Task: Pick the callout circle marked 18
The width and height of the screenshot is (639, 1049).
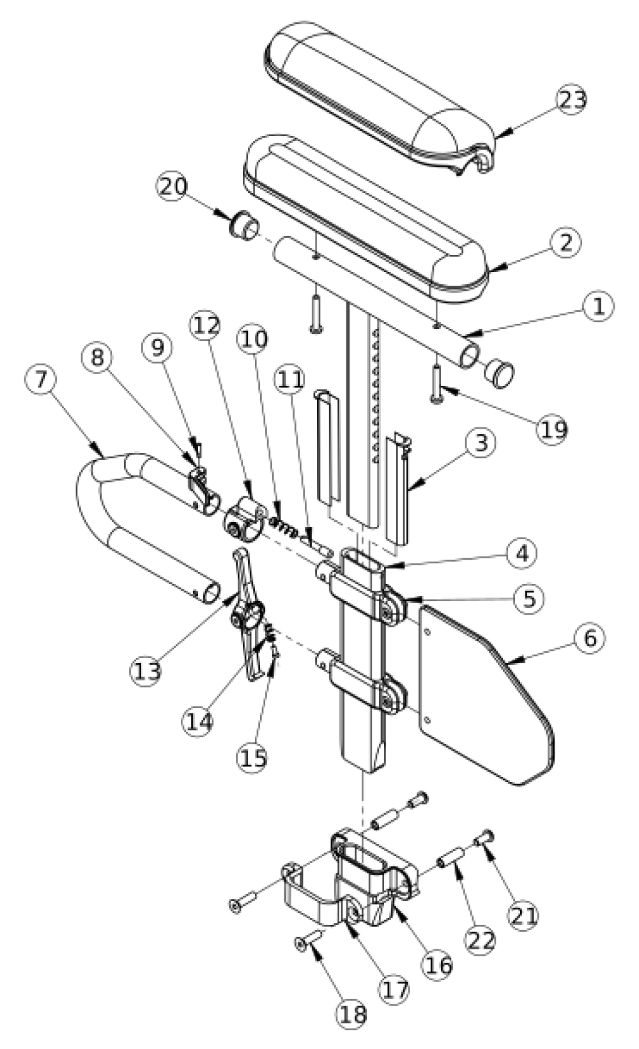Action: point(352,1015)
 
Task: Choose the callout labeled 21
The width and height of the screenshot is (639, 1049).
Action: point(523,915)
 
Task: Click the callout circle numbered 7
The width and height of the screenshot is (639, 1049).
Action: point(42,379)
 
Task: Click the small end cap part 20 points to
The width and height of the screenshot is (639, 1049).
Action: point(243,225)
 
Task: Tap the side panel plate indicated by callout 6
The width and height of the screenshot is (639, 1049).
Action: point(486,696)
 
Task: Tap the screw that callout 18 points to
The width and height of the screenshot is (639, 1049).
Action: point(308,940)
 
